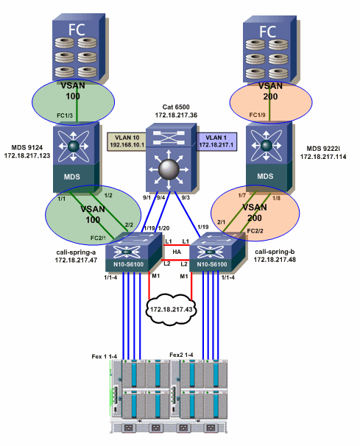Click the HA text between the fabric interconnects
click(175, 252)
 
